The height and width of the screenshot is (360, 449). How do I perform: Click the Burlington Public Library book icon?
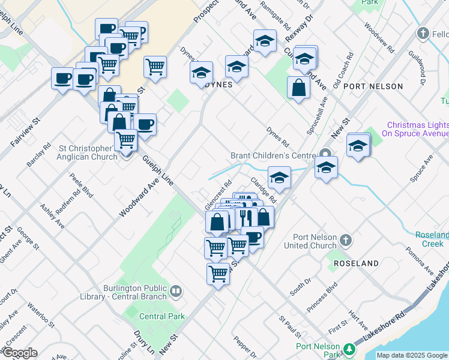[175, 292]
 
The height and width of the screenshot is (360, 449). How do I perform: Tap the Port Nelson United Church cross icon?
[345, 241]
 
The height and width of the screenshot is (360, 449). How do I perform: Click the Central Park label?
[161, 316]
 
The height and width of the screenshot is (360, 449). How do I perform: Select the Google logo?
[20, 353]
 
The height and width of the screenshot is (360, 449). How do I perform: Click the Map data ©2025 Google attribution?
[412, 355]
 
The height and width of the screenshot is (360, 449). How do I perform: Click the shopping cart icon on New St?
[218, 274]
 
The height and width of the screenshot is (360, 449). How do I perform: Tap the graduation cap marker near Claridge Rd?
[279, 177]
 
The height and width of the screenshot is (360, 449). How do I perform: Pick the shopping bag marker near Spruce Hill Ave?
[298, 88]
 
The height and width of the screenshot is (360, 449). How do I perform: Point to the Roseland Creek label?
[432, 239]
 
